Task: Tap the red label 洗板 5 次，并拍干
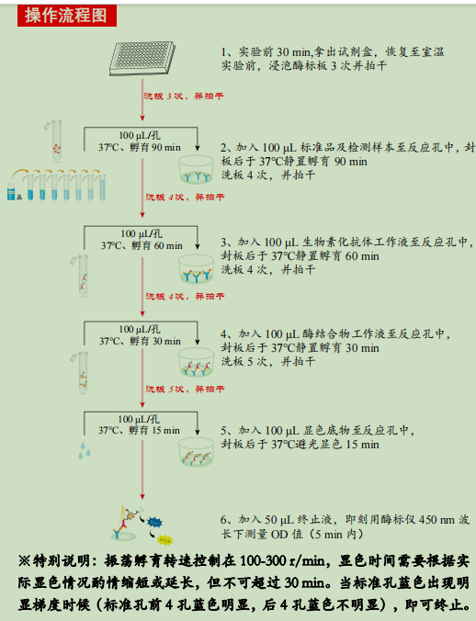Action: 183,390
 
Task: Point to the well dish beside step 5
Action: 196,448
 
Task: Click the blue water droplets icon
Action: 85,449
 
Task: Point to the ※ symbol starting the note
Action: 25,559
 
